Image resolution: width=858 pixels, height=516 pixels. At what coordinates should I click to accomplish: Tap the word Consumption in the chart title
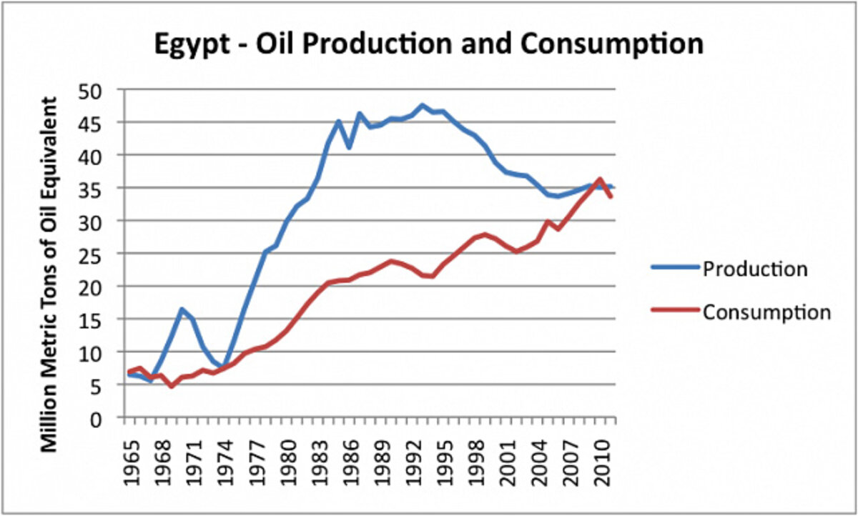click(x=611, y=44)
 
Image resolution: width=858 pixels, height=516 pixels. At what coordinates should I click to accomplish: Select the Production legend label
click(x=755, y=269)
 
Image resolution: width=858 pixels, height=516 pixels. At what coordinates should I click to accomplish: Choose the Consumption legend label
click(x=766, y=312)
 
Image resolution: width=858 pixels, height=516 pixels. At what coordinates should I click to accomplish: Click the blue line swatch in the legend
click(x=674, y=269)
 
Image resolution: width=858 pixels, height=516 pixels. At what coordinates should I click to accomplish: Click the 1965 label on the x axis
click(x=131, y=452)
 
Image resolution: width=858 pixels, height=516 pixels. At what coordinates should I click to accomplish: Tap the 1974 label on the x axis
click(x=225, y=452)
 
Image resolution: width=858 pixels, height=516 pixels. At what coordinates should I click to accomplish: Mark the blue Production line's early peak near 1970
click(x=182, y=309)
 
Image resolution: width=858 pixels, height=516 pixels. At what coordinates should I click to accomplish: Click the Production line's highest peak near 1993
click(x=423, y=105)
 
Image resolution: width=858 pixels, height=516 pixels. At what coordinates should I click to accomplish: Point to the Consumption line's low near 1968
click(x=172, y=386)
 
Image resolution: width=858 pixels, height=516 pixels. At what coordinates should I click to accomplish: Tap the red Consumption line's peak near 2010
click(x=600, y=179)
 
